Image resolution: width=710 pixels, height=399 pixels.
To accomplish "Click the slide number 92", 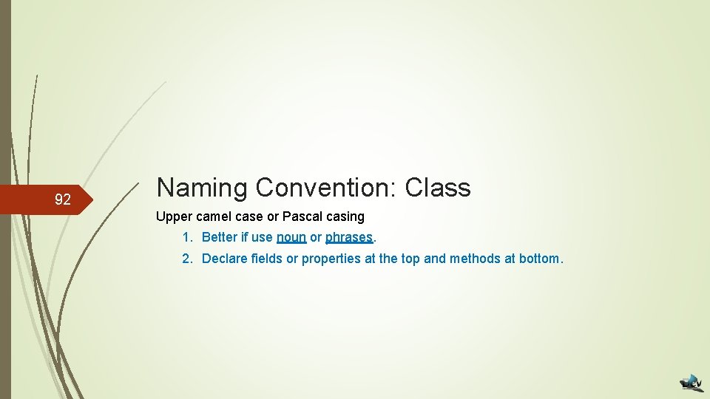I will coord(63,199).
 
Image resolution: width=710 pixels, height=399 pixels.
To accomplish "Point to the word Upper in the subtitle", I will coord(172,217).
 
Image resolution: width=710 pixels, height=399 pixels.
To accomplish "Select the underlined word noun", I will coord(291,238).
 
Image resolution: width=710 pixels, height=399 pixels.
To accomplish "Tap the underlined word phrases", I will coord(349,238).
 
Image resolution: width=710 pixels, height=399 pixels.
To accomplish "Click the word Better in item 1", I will coord(220,238).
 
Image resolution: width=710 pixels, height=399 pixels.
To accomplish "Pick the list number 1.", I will coord(188,238).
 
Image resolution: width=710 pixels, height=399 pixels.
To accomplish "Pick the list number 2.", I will coord(188,259).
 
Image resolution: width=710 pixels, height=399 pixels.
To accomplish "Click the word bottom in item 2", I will coord(540,259).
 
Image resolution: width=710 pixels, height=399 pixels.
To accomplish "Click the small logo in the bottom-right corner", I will coord(692,382).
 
